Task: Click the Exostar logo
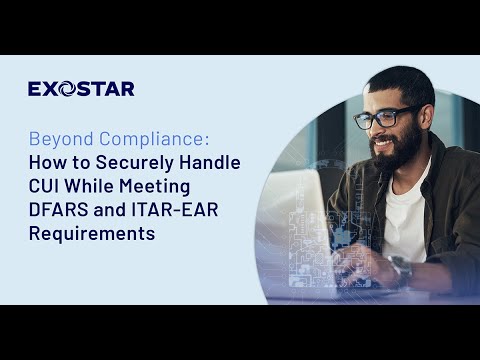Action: point(81,89)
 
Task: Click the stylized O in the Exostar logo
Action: point(67,89)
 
